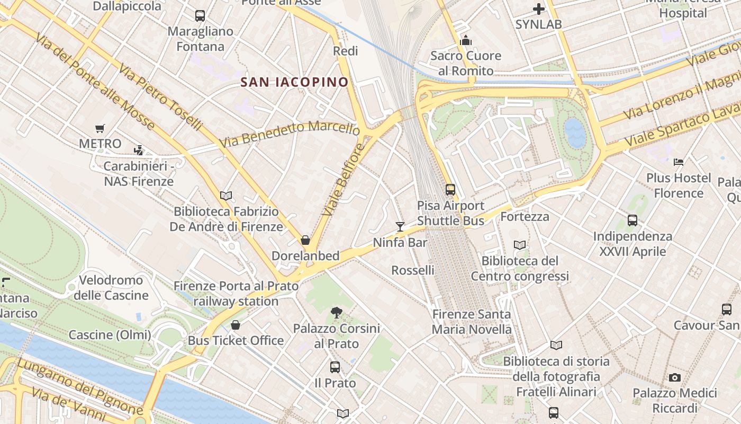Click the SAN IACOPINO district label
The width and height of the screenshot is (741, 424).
[294, 82]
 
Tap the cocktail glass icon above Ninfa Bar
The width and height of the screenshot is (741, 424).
[400, 227]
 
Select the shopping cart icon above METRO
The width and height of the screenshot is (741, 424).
[100, 128]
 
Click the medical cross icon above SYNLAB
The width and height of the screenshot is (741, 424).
[538, 9]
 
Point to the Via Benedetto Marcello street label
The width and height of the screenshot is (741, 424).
[290, 134]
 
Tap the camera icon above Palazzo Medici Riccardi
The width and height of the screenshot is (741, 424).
[674, 377]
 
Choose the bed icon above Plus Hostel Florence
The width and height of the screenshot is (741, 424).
[679, 162]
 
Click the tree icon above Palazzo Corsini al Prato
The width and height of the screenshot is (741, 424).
[336, 313]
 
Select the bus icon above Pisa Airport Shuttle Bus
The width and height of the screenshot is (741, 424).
[450, 189]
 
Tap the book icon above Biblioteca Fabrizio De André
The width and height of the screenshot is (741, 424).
[226, 196]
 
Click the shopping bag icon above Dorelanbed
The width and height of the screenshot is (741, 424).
[305, 240]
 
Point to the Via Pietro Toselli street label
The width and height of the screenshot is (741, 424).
[160, 97]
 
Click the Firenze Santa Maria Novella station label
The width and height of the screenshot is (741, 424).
[472, 322]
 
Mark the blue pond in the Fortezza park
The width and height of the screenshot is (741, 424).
[575, 133]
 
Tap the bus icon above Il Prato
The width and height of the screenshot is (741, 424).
[335, 367]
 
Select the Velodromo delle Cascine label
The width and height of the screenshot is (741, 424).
[111, 287]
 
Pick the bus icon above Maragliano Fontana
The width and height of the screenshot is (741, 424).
[200, 16]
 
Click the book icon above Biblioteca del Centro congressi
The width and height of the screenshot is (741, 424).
[520, 245]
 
